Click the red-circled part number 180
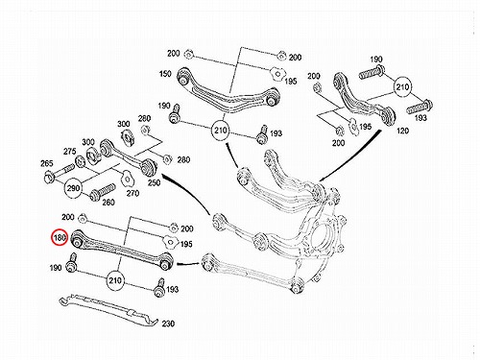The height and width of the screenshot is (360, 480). (60, 237)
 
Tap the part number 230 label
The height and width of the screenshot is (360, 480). (168, 324)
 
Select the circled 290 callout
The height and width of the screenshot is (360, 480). (73, 188)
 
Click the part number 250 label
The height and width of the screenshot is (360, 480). (154, 182)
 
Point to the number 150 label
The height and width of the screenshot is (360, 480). (165, 74)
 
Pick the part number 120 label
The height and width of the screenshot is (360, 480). (402, 131)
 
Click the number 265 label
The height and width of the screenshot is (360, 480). (47, 163)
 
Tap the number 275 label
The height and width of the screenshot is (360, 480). (69, 152)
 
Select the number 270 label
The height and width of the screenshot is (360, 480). (132, 193)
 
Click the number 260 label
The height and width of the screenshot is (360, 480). (108, 203)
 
